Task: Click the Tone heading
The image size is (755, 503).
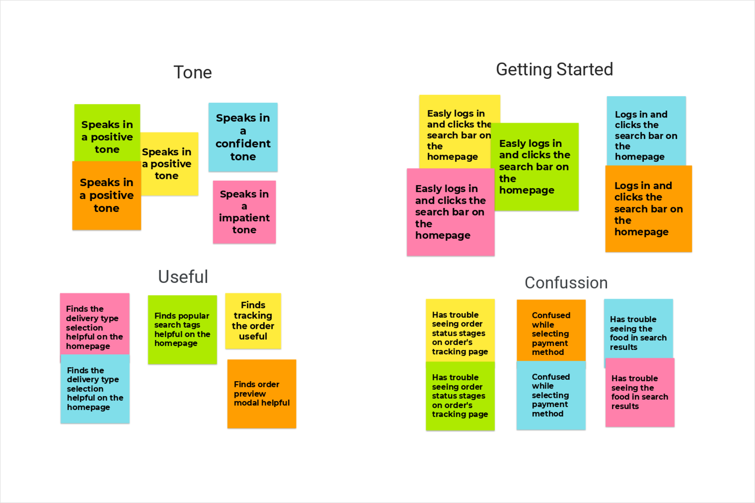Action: pyautogui.click(x=193, y=73)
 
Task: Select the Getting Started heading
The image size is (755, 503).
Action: pyautogui.click(x=554, y=69)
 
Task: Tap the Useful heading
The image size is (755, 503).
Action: pyautogui.click(x=183, y=277)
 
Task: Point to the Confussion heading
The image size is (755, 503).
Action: pyautogui.click(x=566, y=283)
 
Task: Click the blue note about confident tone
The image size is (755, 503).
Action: pyautogui.click(x=243, y=137)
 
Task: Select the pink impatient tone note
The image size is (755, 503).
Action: pyautogui.click(x=244, y=212)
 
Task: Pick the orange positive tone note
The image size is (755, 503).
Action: pyautogui.click(x=107, y=195)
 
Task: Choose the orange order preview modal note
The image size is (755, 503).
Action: pyautogui.click(x=262, y=394)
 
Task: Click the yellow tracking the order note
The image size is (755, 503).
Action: pyautogui.click(x=253, y=321)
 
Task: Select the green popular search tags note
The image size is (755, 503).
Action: pyautogui.click(x=182, y=330)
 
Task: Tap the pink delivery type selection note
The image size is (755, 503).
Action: pyautogui.click(x=94, y=324)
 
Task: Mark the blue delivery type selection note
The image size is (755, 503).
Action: pyautogui.click(x=95, y=389)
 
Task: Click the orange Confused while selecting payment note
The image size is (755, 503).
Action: pyautogui.click(x=551, y=330)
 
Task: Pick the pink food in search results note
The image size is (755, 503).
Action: pyautogui.click(x=639, y=392)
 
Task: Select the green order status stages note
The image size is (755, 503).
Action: pyautogui.click(x=460, y=396)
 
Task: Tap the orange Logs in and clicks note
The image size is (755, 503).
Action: pyautogui.click(x=648, y=209)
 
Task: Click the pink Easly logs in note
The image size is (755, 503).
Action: pyautogui.click(x=450, y=212)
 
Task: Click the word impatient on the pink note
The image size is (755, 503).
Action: pyautogui.click(x=244, y=218)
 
